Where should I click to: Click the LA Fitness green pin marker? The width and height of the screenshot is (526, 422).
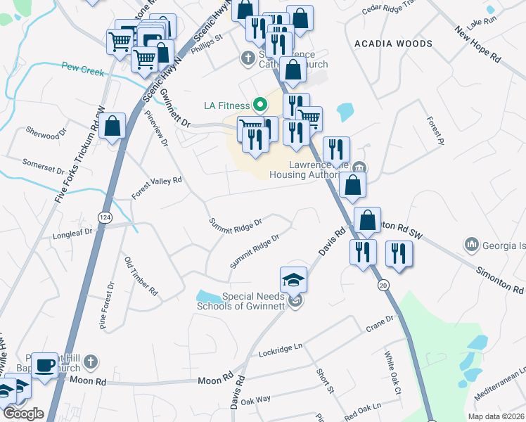tap(259, 105)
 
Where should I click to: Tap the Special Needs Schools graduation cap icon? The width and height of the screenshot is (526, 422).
tap(294, 280)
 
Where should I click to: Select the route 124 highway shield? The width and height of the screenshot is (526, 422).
tap(103, 217)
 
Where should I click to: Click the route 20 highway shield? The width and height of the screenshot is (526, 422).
tap(383, 284)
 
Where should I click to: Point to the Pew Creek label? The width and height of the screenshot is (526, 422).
tap(82, 70)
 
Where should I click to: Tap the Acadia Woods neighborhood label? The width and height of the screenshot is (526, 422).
tap(393, 44)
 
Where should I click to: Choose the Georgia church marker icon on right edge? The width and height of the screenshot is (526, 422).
tap(471, 244)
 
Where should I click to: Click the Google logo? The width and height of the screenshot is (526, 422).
tap(24, 414)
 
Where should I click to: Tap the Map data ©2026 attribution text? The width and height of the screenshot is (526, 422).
tap(495, 416)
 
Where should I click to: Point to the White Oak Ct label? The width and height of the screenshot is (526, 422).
tap(392, 373)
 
